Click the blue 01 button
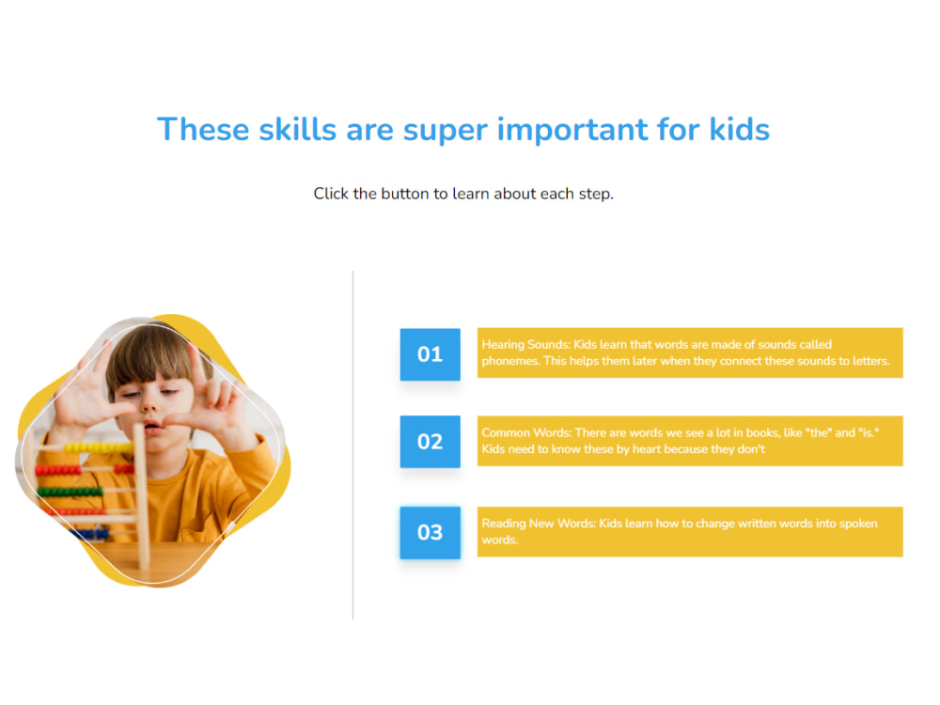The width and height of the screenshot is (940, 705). pyautogui.click(x=430, y=354)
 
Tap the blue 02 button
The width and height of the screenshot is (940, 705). pyautogui.click(x=430, y=442)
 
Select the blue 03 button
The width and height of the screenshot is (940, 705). pyautogui.click(x=430, y=532)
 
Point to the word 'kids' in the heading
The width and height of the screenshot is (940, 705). pyautogui.click(x=739, y=130)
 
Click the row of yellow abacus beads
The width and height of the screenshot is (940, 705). pyautogui.click(x=94, y=448)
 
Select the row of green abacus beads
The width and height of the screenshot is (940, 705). pyautogui.click(x=70, y=492)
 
